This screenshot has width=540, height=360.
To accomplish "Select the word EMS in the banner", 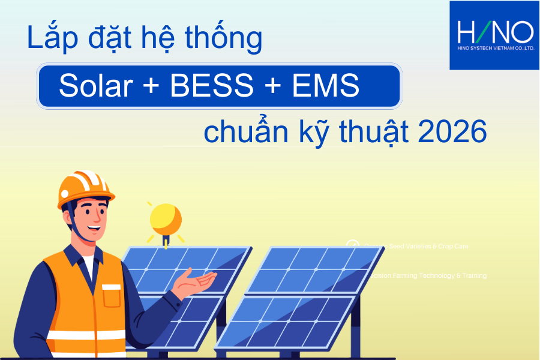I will pos(326,88).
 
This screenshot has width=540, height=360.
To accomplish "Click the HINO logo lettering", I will pos(494,32).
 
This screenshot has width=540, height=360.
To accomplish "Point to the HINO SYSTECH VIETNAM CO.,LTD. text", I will pos(494,49).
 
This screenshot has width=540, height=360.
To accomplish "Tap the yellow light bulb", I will pos(165,220).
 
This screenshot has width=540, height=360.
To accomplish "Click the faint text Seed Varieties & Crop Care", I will pos(414,246).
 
